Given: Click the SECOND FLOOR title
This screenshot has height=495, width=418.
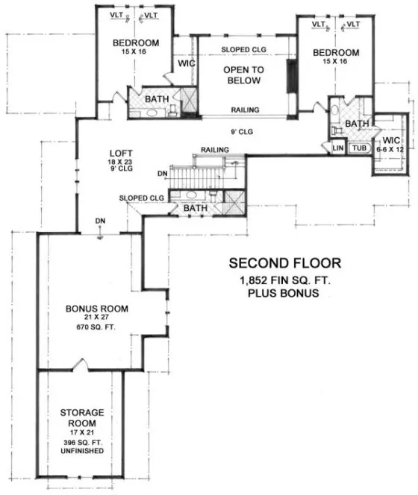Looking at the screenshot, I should (284, 262).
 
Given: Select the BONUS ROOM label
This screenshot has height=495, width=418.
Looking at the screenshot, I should (97, 308).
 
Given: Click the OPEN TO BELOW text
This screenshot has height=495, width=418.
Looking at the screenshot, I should (240, 75).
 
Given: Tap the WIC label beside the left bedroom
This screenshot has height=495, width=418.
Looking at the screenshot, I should (186, 64).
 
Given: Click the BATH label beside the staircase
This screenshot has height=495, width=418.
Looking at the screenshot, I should (195, 208).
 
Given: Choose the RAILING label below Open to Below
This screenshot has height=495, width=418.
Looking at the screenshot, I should (245, 110).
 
